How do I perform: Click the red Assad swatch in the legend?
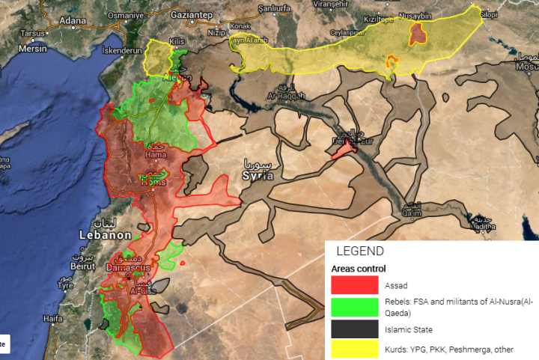coord(355,285)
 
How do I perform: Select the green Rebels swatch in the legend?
coord(355,307)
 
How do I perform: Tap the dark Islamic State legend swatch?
coord(355,328)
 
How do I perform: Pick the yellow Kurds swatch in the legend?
coord(355,349)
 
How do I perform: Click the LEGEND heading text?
coord(359,251)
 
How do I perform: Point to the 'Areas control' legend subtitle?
coord(359,269)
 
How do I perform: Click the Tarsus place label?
coord(33,34)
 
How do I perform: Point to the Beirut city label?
coord(82,266)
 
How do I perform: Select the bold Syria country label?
coord(258,175)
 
